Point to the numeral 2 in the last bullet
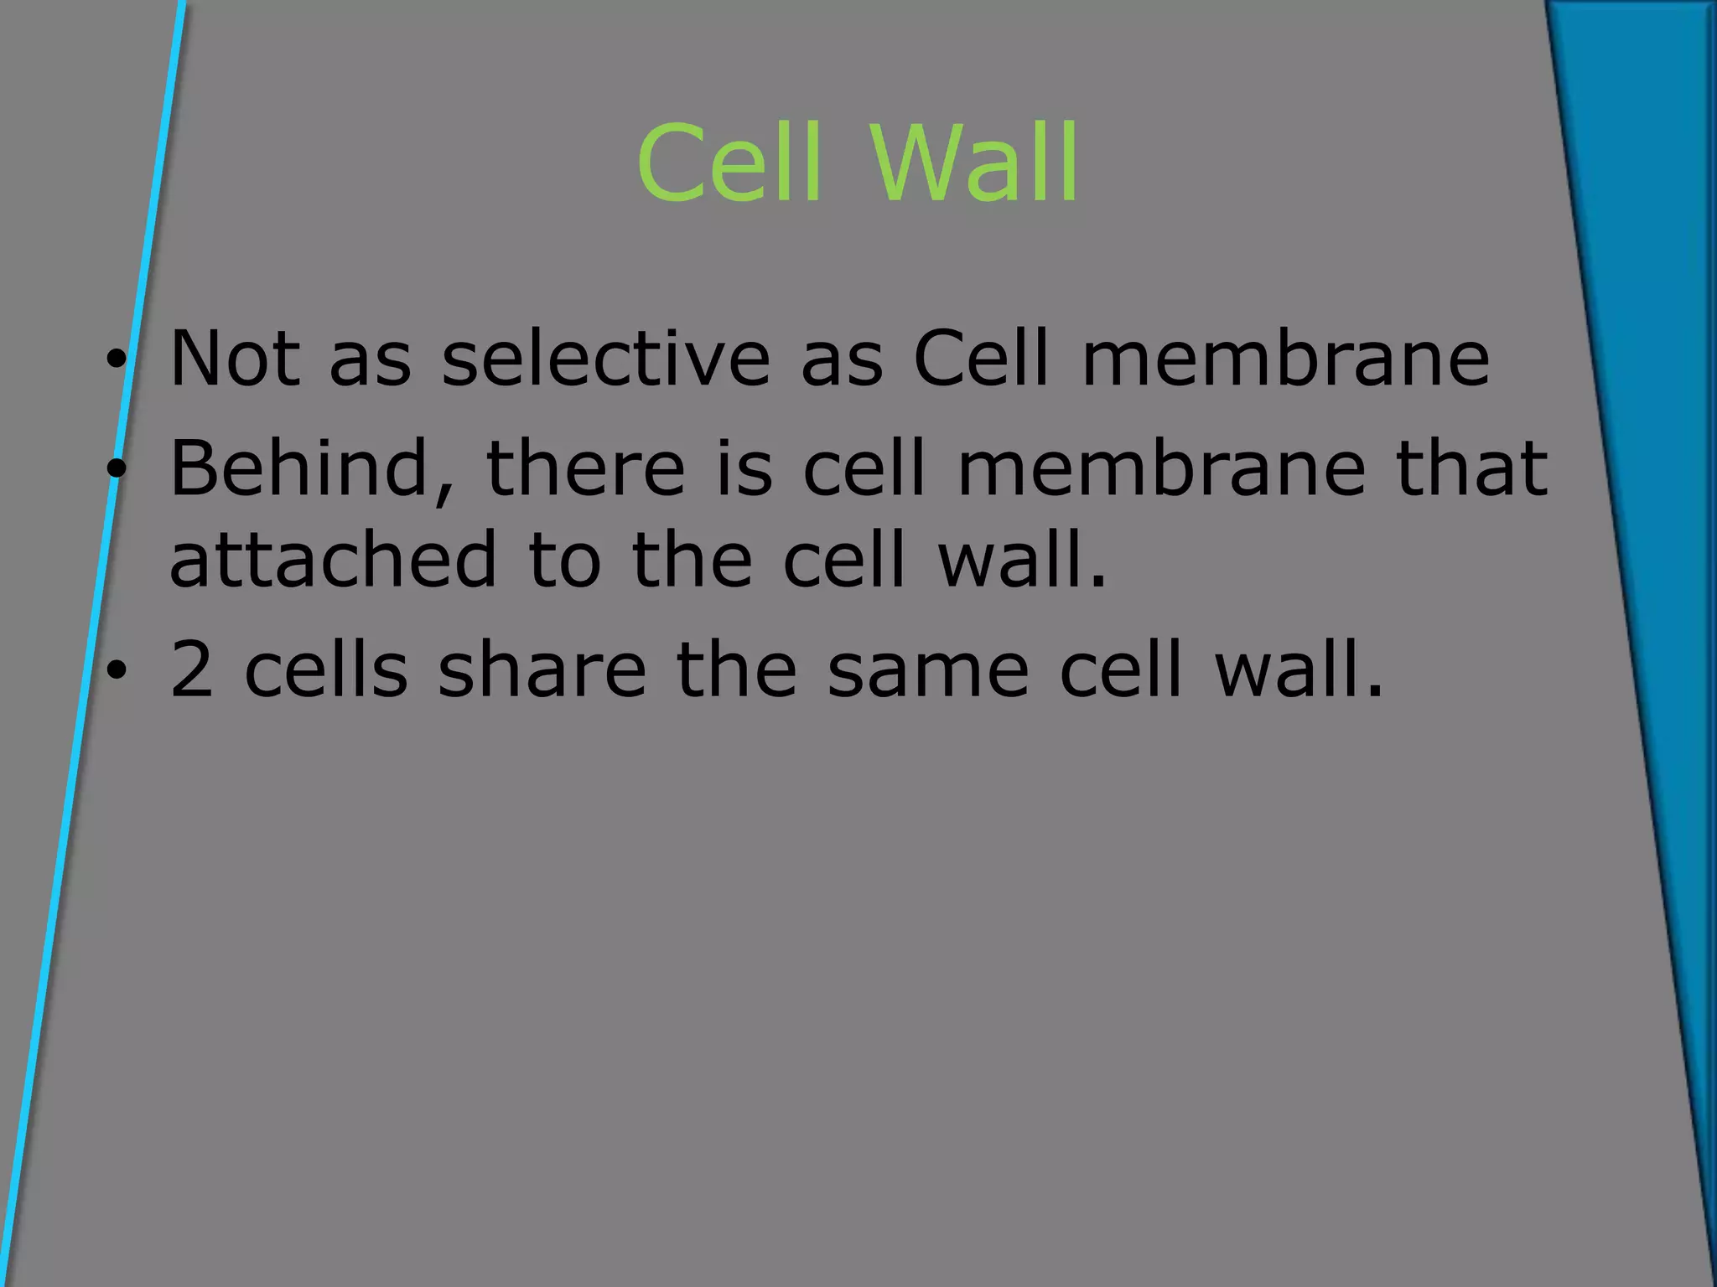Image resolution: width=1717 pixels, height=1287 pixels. click(x=191, y=669)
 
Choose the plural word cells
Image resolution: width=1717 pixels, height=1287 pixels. click(x=326, y=669)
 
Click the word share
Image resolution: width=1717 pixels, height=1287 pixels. click(x=542, y=669)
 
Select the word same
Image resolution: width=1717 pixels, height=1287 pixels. click(x=927, y=669)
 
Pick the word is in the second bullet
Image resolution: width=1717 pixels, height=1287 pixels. click(x=744, y=469)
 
